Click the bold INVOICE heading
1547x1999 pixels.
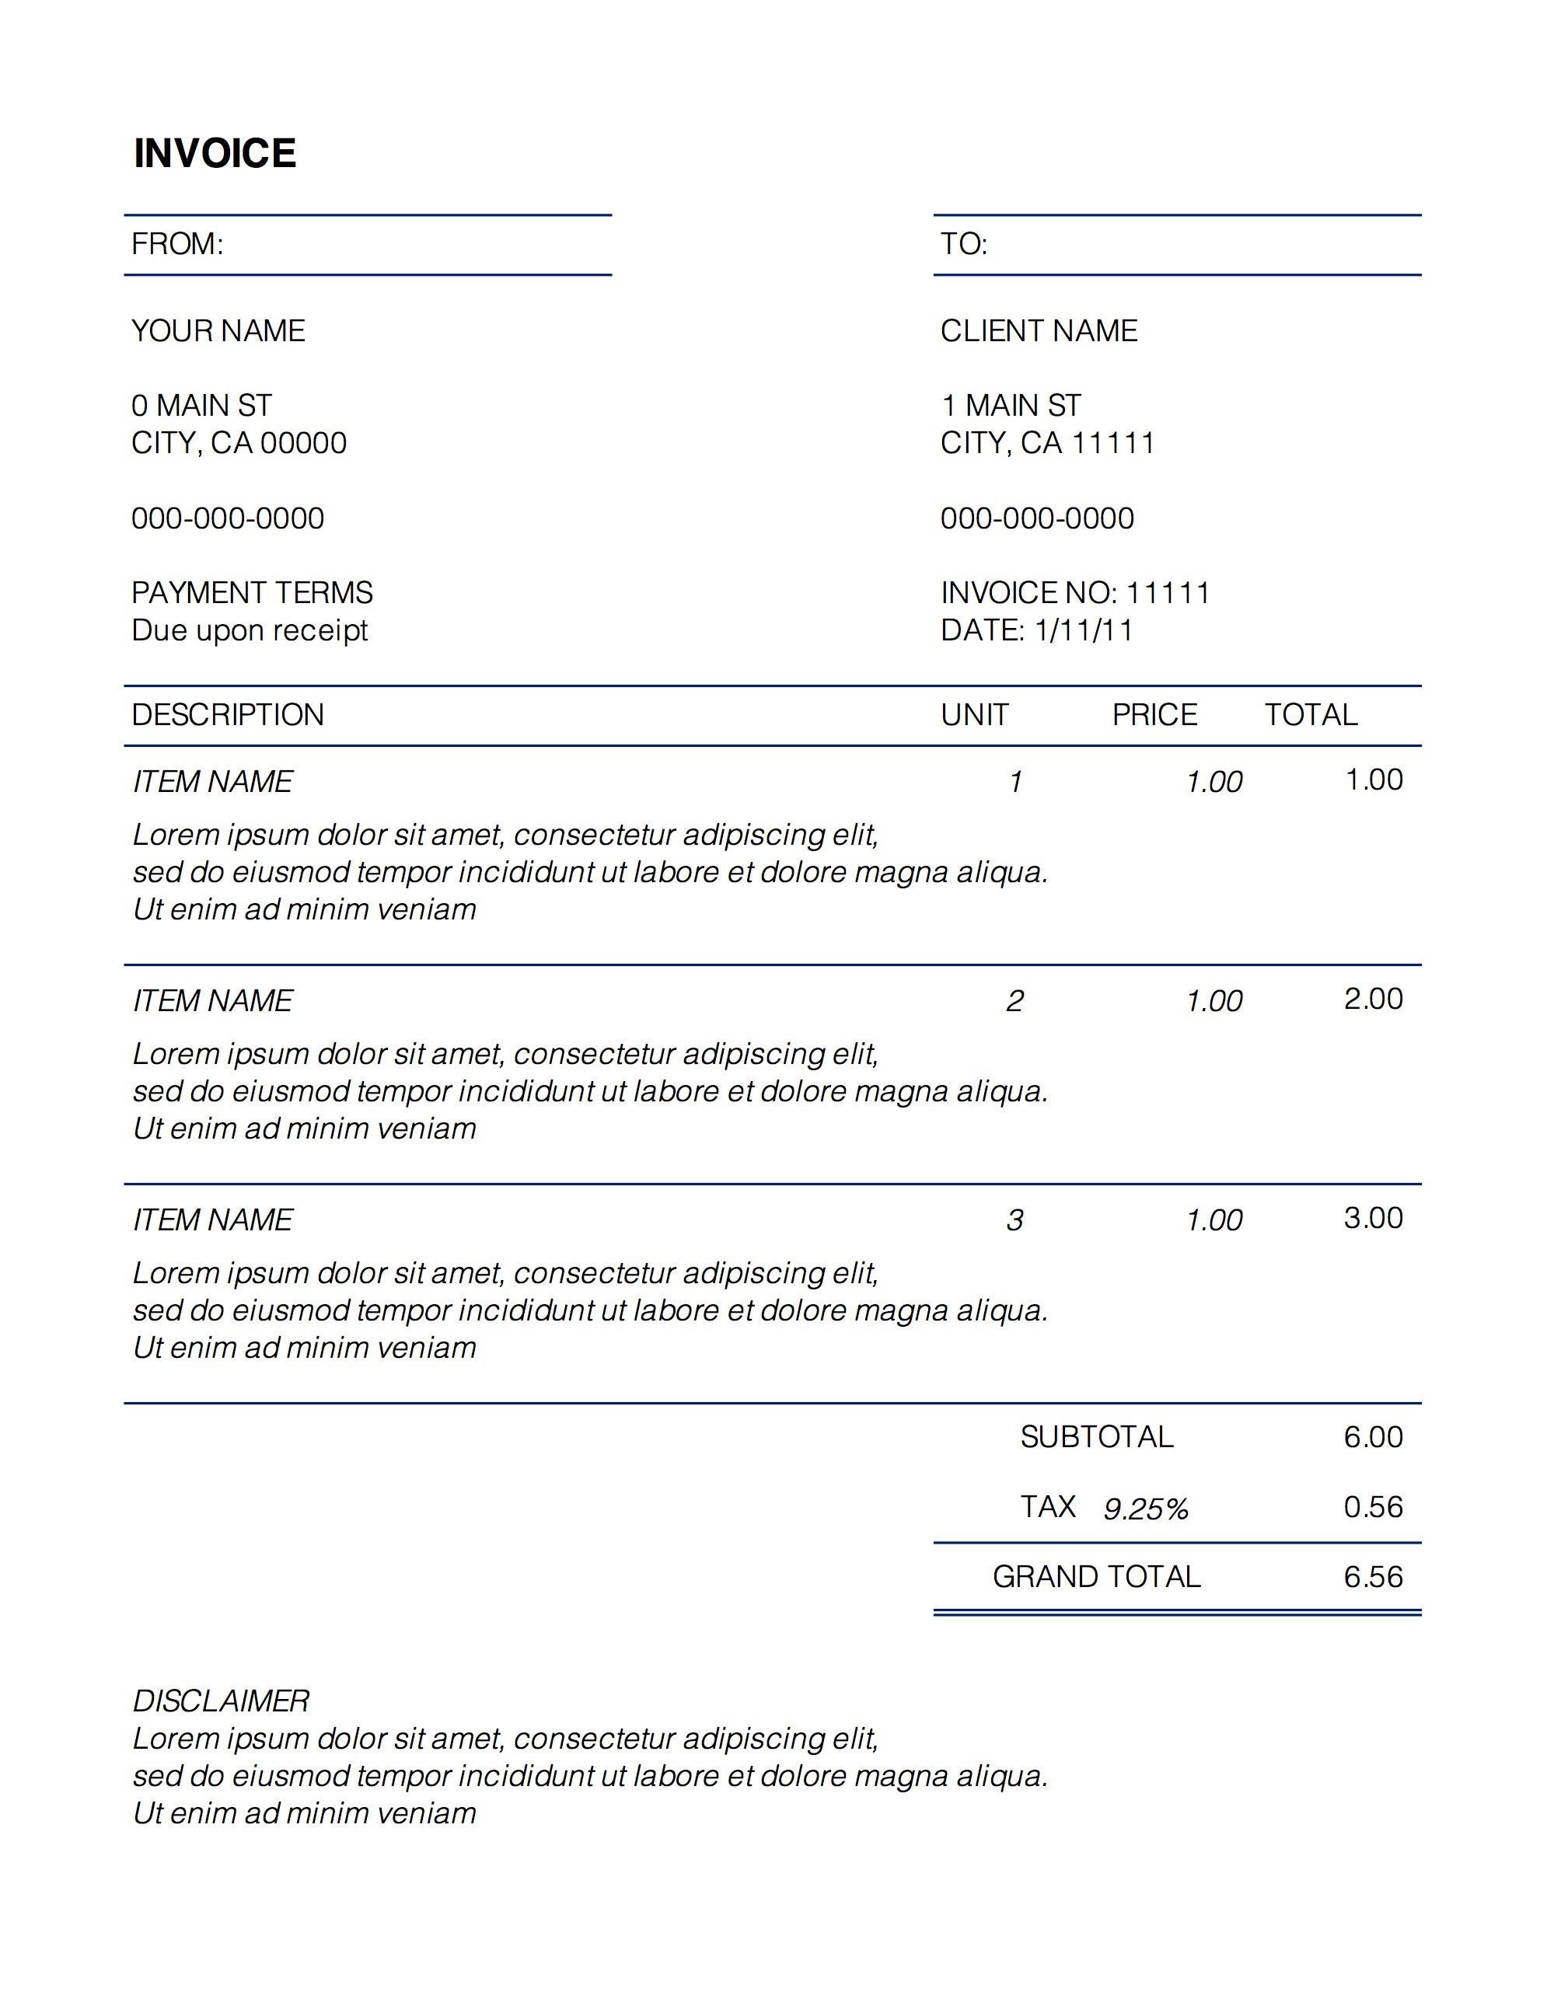pyautogui.click(x=215, y=153)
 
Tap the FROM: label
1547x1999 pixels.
pyautogui.click(x=177, y=243)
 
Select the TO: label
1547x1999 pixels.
pyautogui.click(x=964, y=243)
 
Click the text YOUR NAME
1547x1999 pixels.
pyautogui.click(x=218, y=330)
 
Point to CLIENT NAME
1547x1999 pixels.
pyautogui.click(x=1039, y=330)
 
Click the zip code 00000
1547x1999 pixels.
pyautogui.click(x=303, y=443)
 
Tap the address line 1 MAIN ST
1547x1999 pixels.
pyautogui.click(x=1011, y=405)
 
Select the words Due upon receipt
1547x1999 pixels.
pyautogui.click(x=249, y=630)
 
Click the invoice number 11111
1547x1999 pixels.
pyautogui.click(x=1168, y=592)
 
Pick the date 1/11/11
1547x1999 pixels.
pyautogui.click(x=1084, y=630)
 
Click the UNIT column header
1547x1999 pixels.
pyautogui.click(x=975, y=714)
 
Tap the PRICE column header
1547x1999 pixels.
pyautogui.click(x=1154, y=714)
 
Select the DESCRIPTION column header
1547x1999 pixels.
pyautogui.click(x=228, y=714)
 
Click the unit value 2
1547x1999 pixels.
pyautogui.click(x=1014, y=1000)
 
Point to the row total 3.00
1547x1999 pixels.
pyautogui.click(x=1373, y=1217)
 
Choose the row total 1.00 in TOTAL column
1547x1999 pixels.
pyautogui.click(x=1374, y=780)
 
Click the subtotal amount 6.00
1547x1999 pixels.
pyautogui.click(x=1373, y=1436)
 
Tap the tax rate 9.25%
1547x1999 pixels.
pyautogui.click(x=1145, y=1509)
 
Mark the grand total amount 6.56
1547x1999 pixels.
pyautogui.click(x=1373, y=1576)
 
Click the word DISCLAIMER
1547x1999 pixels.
pyautogui.click(x=221, y=1701)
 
